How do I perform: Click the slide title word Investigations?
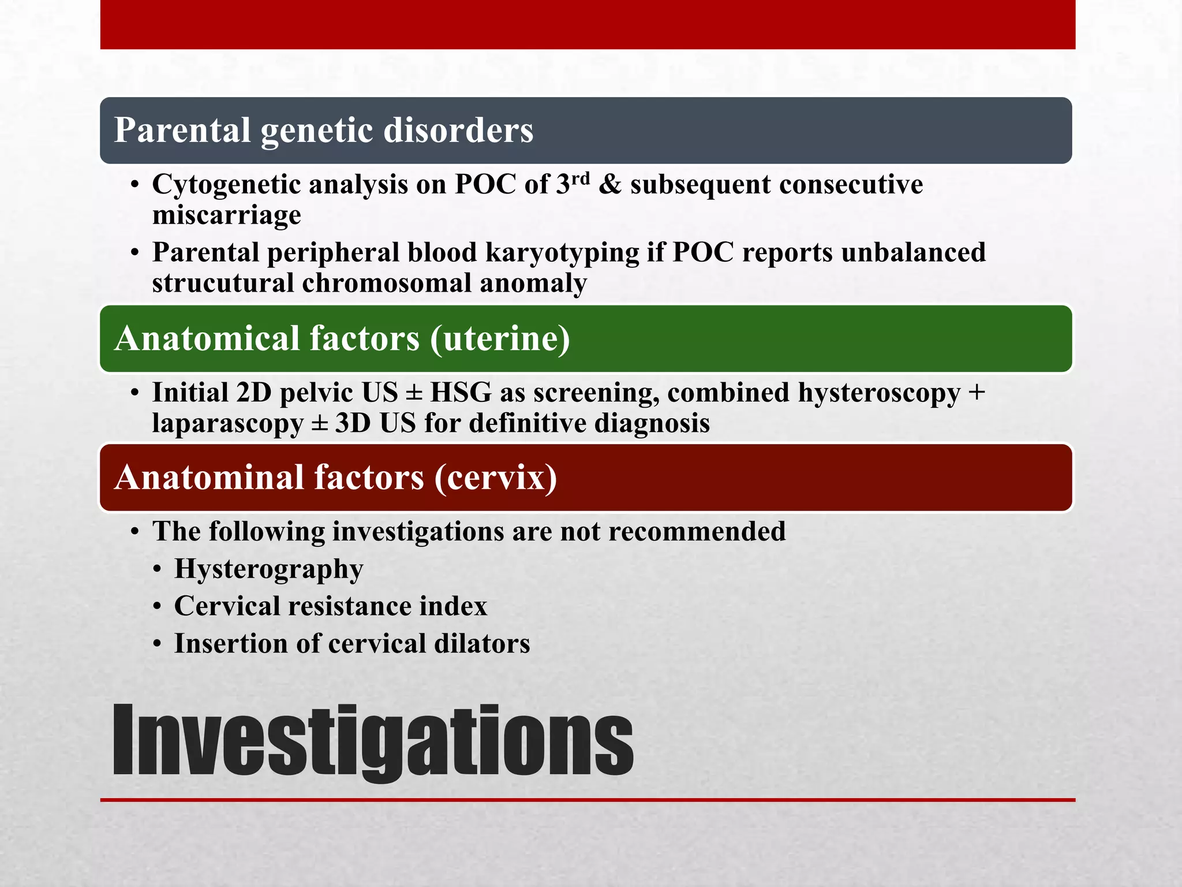point(372,741)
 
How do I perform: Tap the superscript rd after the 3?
point(581,178)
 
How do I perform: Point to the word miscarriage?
point(226,215)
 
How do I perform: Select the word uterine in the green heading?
point(500,338)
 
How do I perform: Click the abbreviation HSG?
point(461,393)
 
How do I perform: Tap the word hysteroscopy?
point(879,393)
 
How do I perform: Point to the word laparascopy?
point(227,423)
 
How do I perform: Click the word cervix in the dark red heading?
point(496,478)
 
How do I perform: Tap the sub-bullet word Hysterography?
point(268,569)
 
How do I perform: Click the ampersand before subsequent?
point(610,185)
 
